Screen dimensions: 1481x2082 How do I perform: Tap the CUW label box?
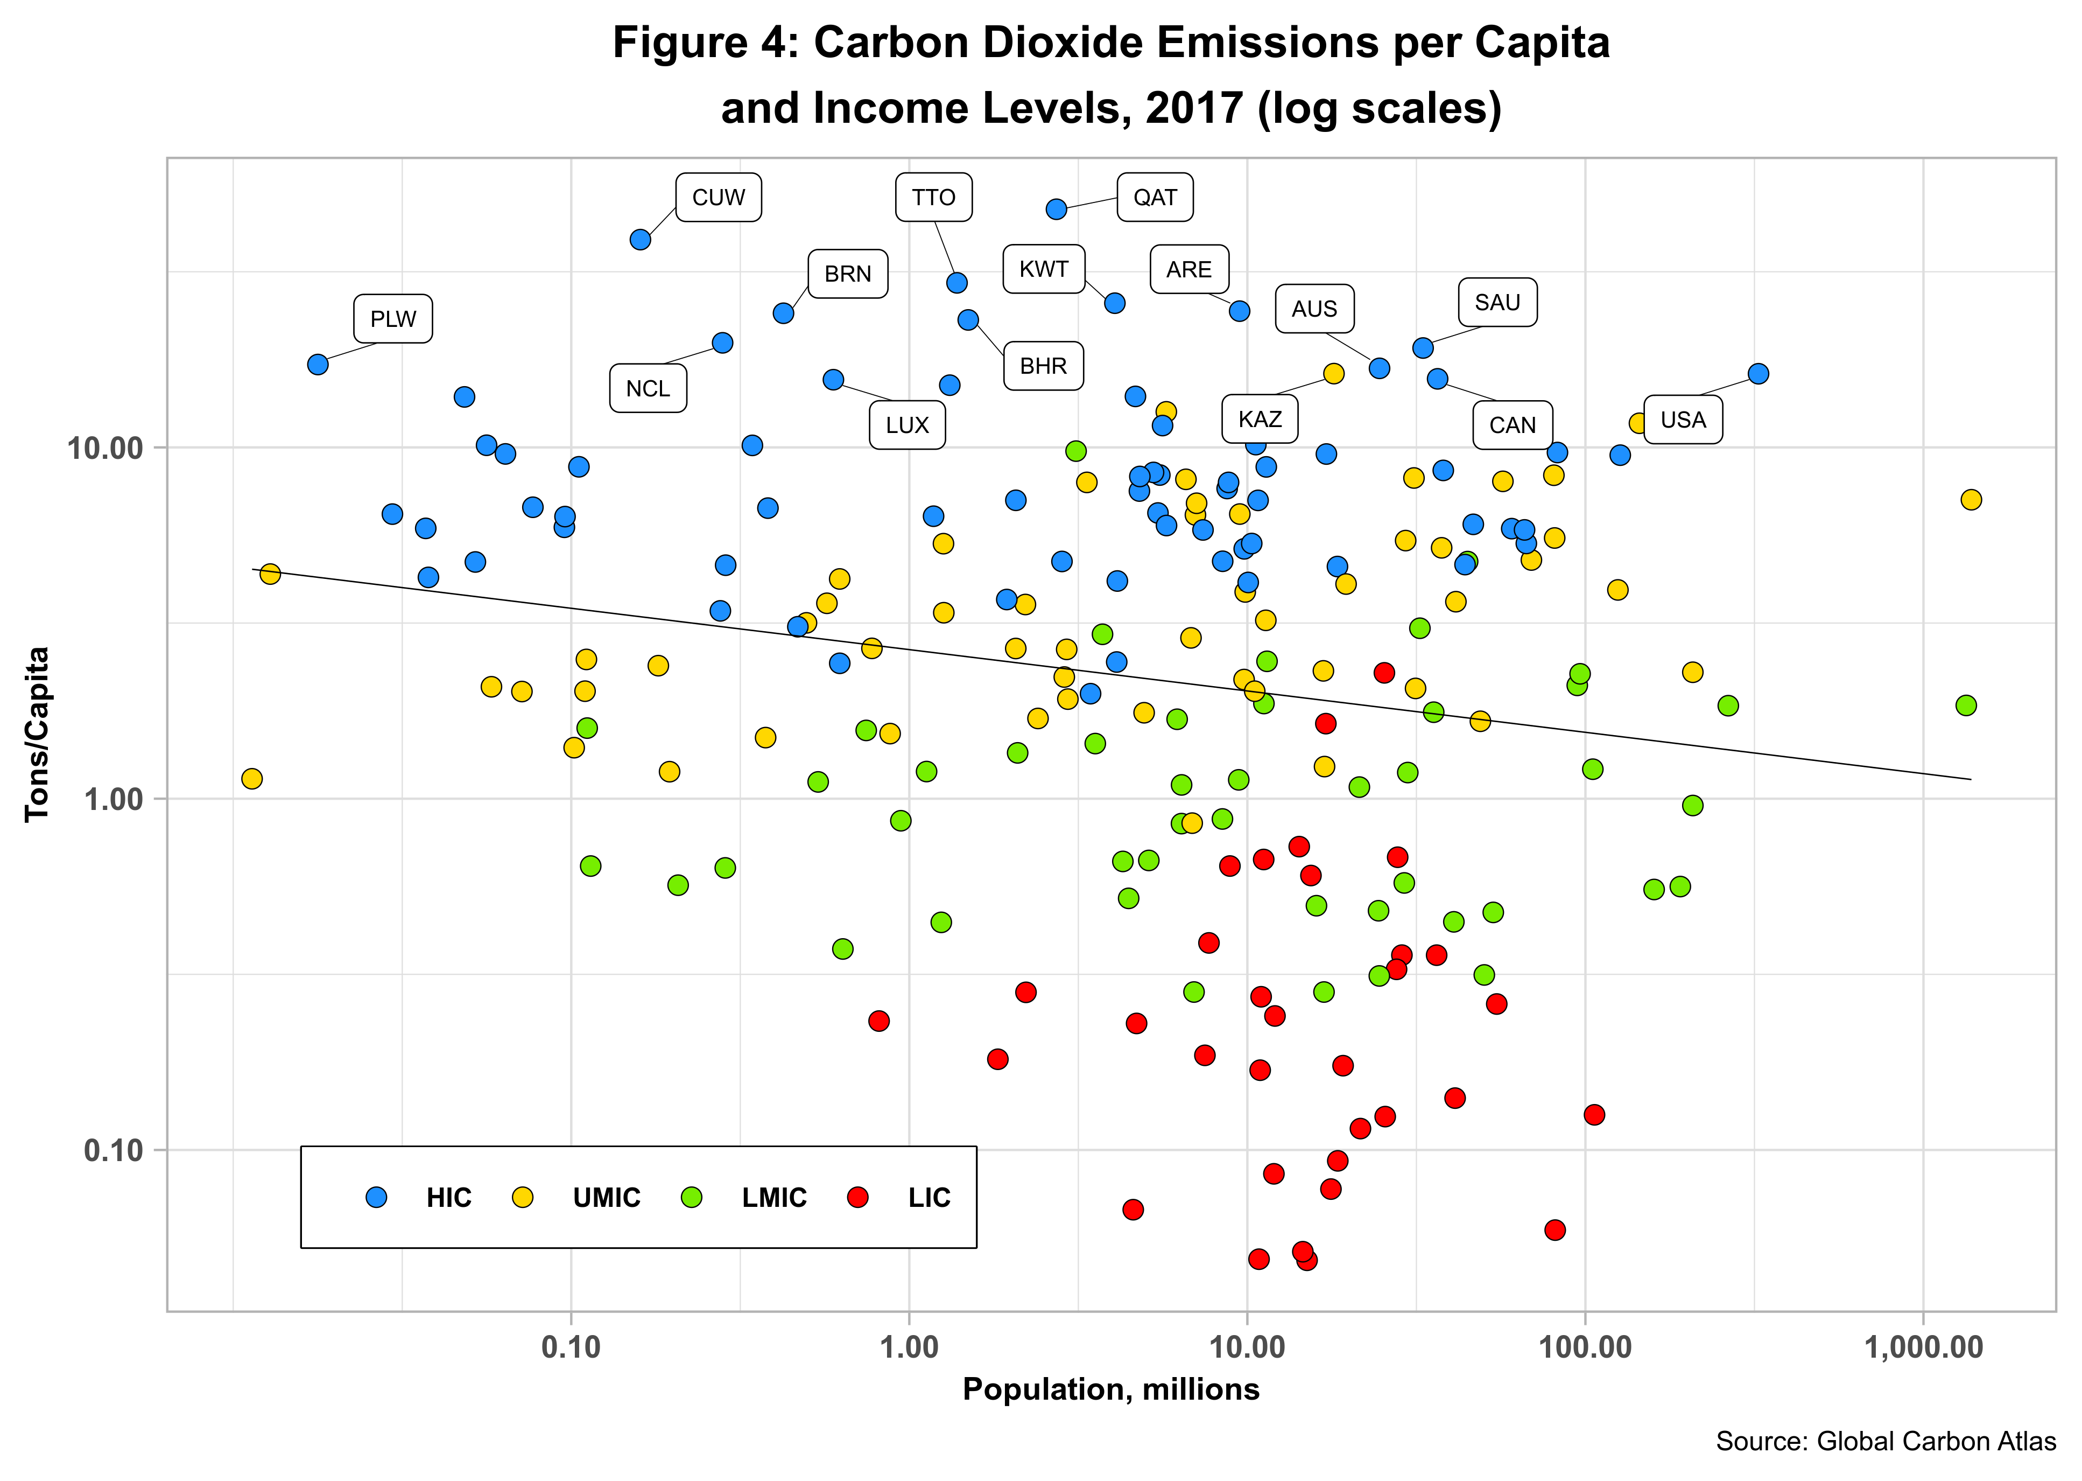point(718,197)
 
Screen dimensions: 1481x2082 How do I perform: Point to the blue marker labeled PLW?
point(317,365)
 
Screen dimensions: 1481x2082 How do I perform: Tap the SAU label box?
point(1497,302)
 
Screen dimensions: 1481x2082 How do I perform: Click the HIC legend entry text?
point(448,1197)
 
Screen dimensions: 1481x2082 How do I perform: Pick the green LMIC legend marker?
point(691,1197)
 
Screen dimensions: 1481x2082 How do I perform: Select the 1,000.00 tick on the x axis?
point(1923,1347)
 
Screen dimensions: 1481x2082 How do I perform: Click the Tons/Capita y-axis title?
point(37,734)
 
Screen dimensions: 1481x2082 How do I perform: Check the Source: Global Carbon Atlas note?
point(1885,1441)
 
